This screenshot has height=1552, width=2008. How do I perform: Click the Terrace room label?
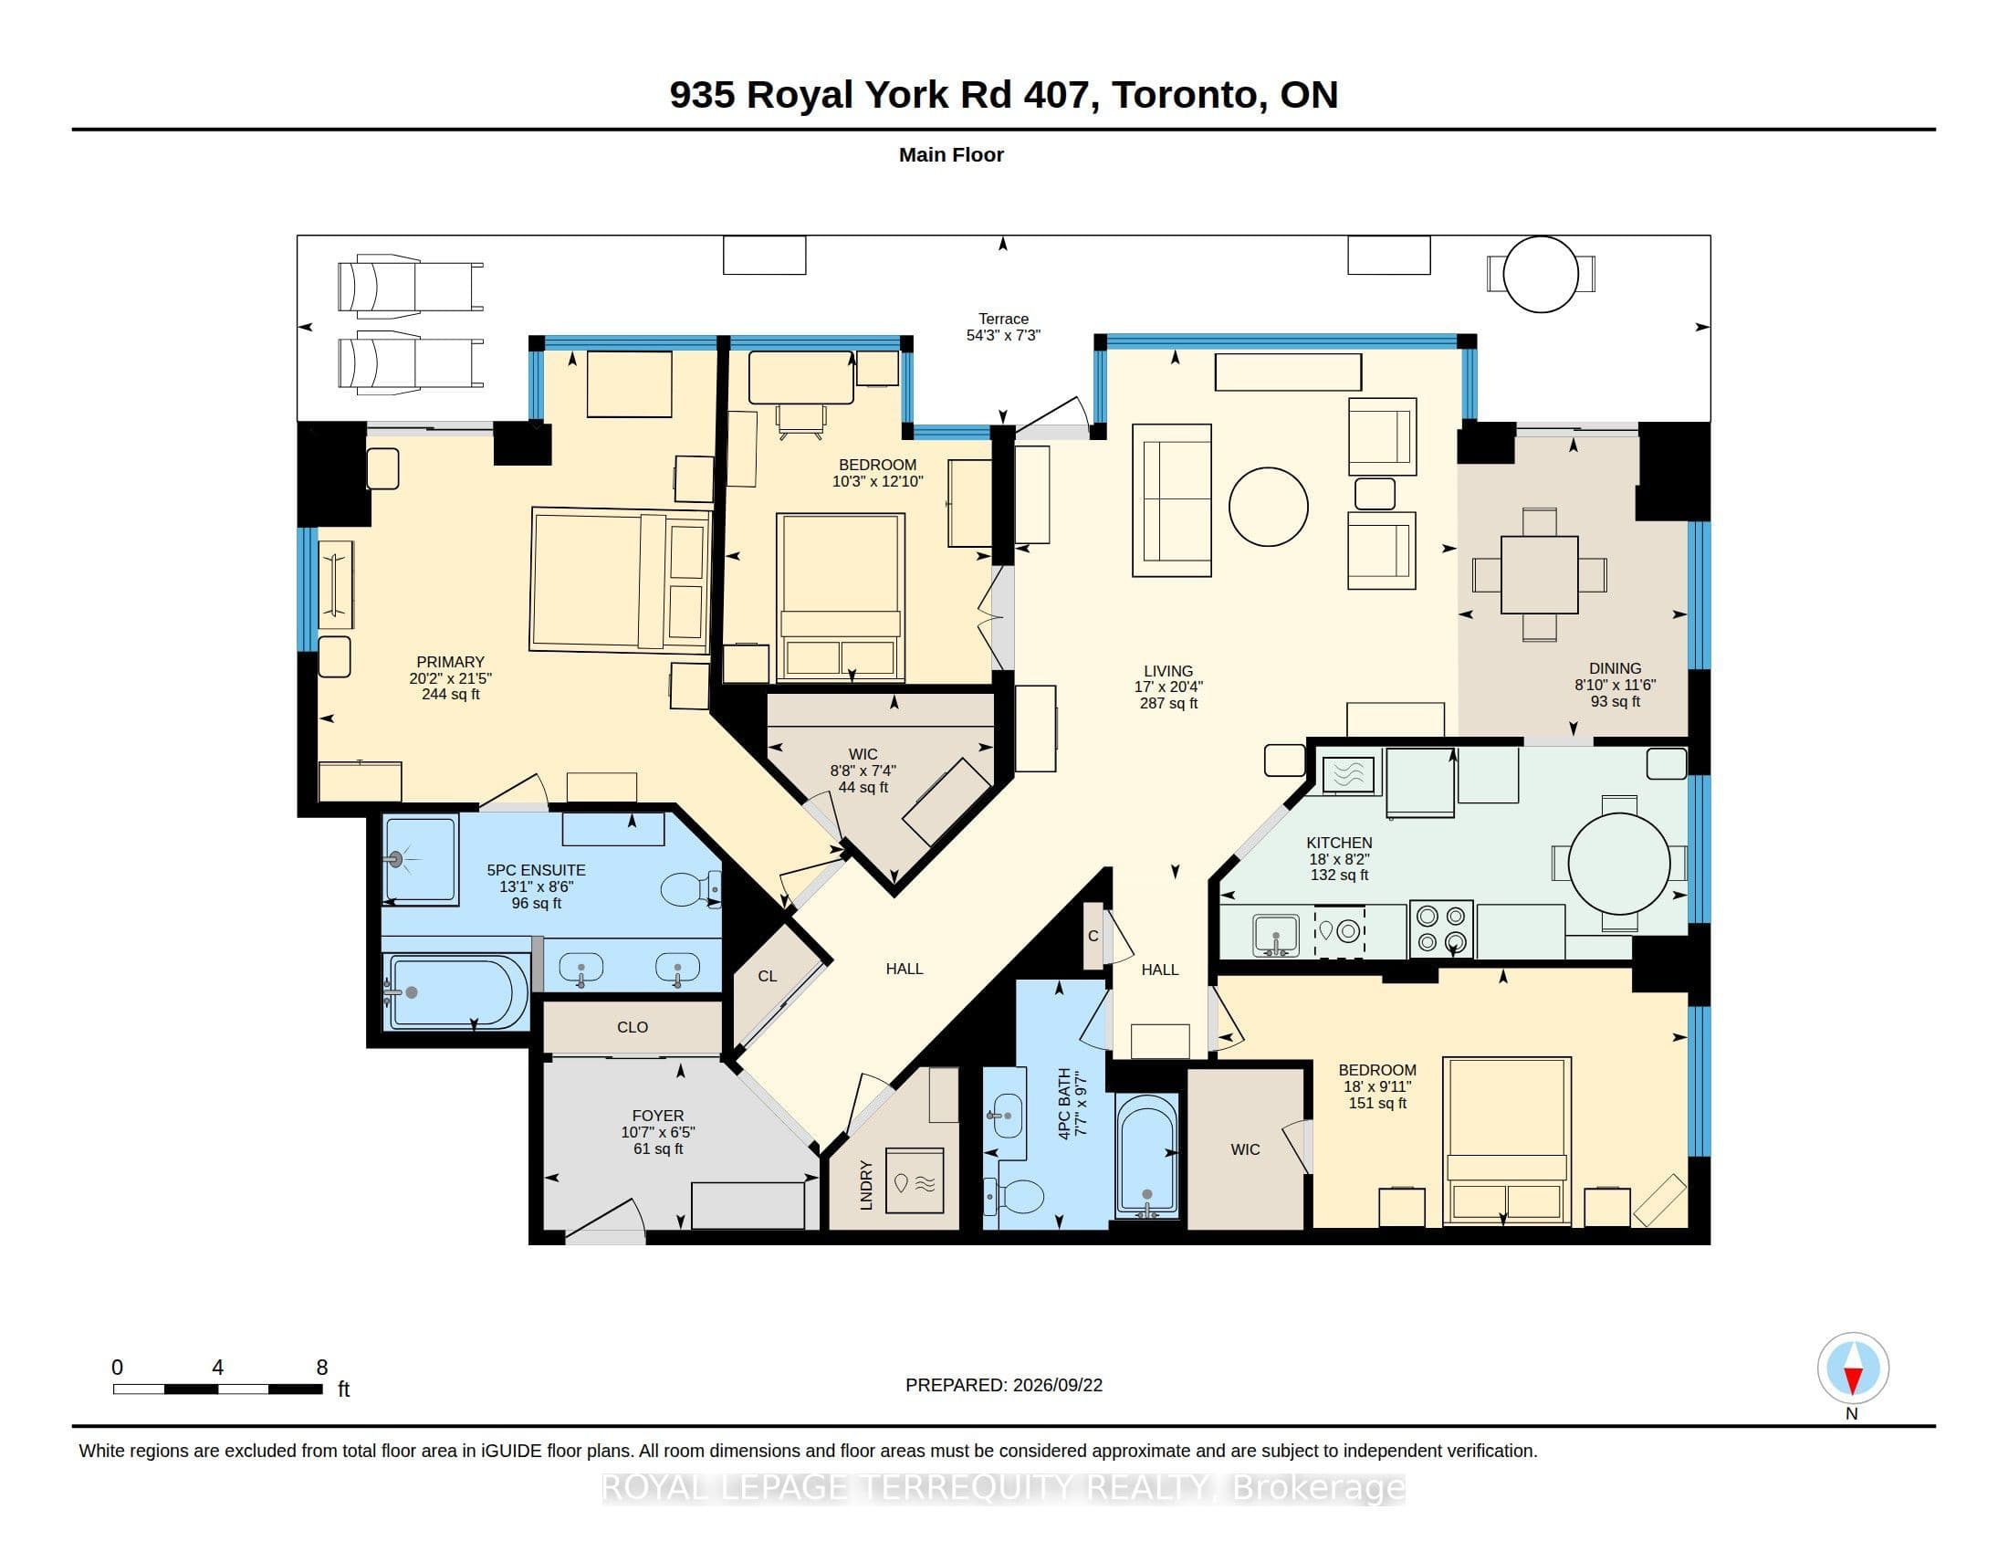pos(1003,319)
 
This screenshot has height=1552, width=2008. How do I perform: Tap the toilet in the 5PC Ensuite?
pos(689,889)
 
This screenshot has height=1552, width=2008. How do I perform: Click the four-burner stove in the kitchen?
pos(1440,928)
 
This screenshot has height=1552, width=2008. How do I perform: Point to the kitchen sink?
pos(1276,934)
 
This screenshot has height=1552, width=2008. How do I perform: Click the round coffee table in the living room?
pos(1268,507)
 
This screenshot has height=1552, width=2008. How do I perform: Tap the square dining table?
pos(1539,574)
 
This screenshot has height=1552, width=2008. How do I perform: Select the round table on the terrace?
pos(1541,274)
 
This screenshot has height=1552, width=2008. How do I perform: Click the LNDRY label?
pos(865,1185)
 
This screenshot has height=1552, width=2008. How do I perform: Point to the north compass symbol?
pos(1853,1368)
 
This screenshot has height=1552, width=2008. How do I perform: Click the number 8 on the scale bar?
pos(322,1368)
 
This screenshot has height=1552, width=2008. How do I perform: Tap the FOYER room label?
pos(658,1116)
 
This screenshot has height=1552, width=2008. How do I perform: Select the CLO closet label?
pos(633,1027)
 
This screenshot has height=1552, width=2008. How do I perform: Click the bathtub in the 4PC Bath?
pos(1146,1156)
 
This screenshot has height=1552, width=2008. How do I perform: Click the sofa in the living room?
pos(1171,500)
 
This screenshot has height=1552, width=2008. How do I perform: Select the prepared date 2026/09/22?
pos(1057,1385)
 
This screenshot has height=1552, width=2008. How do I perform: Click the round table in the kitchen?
pos(1618,864)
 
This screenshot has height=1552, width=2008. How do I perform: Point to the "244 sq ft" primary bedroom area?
pos(451,694)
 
